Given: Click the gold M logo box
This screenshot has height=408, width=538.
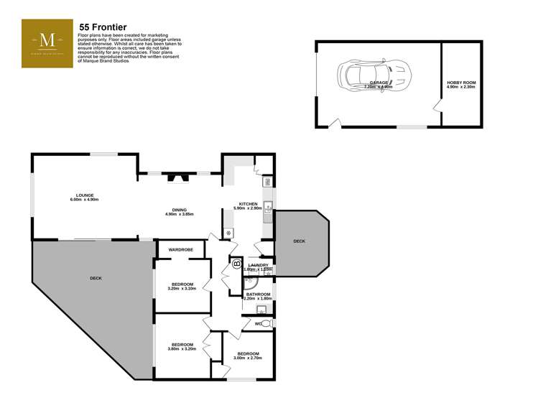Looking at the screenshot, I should click(47, 44).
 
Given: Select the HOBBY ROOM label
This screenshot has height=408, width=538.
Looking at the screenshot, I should click(461, 83).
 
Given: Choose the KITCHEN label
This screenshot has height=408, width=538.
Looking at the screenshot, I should click(248, 203).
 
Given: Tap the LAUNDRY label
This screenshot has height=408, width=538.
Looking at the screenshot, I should click(258, 265).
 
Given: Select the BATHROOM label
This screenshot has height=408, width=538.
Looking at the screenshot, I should click(258, 294).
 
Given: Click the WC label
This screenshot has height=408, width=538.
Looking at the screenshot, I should click(257, 324).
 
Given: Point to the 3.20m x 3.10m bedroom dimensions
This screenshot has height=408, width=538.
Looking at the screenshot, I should click(182, 289).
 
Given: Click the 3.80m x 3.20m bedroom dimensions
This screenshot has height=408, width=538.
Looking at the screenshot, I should click(182, 349).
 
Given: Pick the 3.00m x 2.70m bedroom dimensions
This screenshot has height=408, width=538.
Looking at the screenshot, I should click(248, 358).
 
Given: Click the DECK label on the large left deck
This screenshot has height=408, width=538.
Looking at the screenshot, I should click(96, 278).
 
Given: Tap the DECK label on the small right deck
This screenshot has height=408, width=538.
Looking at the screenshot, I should click(299, 241).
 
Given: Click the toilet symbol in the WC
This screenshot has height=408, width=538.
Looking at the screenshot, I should click(266, 325).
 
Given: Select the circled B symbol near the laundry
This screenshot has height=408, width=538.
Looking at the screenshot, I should click(236, 264).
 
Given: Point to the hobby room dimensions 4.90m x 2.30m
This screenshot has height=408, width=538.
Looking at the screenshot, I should click(461, 88).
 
